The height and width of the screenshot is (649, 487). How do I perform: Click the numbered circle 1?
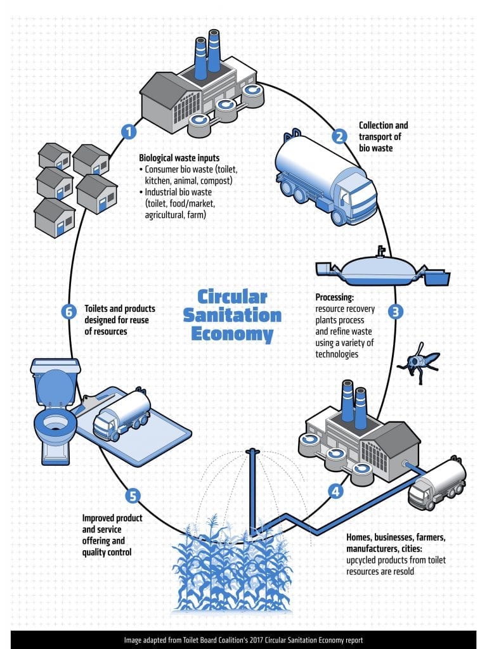pos(129,132)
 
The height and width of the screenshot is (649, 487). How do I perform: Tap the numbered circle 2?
pos(340,135)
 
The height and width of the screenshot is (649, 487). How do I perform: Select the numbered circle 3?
pos(396,312)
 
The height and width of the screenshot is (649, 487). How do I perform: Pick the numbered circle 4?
pos(335,490)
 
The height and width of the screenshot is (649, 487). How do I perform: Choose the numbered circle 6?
pos(70,312)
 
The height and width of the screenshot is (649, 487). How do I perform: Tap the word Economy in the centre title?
pos(234,334)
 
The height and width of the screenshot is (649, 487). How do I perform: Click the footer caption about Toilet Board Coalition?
pos(243,639)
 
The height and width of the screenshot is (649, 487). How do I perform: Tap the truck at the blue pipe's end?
pos(437,484)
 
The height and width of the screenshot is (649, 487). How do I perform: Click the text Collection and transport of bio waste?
pos(383,136)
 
